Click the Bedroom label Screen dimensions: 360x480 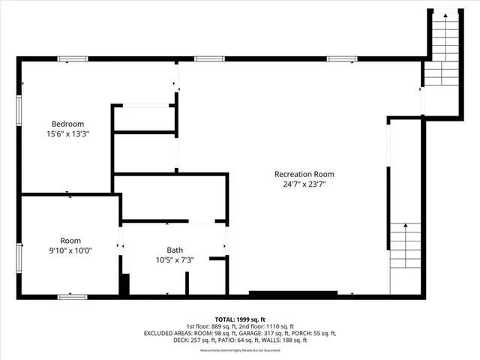click(x=67, y=124)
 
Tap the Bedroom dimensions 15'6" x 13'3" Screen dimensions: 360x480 click(x=67, y=135)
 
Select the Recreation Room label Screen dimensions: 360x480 click(x=304, y=174)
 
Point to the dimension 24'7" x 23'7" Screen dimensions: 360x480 click(x=304, y=184)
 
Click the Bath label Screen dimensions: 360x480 click(x=174, y=250)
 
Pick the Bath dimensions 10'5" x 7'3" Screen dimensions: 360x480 click(x=174, y=260)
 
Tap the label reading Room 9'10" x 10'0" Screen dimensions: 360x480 click(x=70, y=246)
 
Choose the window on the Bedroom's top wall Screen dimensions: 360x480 click(x=73, y=58)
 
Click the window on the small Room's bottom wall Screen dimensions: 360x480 click(x=73, y=297)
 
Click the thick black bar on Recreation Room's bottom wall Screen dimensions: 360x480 click(x=288, y=293)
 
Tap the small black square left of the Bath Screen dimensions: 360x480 click(x=124, y=285)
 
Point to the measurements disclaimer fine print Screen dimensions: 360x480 click(x=240, y=349)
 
